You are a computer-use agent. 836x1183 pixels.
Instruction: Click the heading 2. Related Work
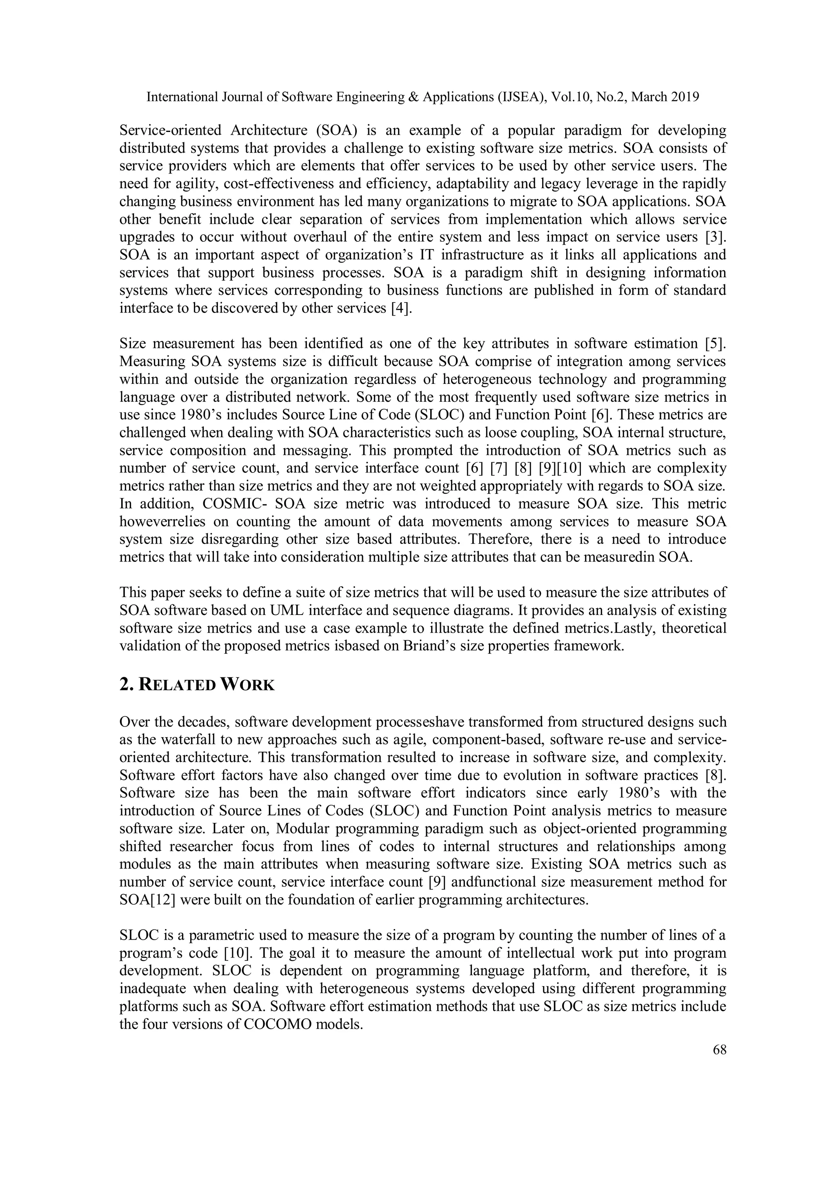click(197, 685)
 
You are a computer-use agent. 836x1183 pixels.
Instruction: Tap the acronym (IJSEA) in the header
click(520, 97)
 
